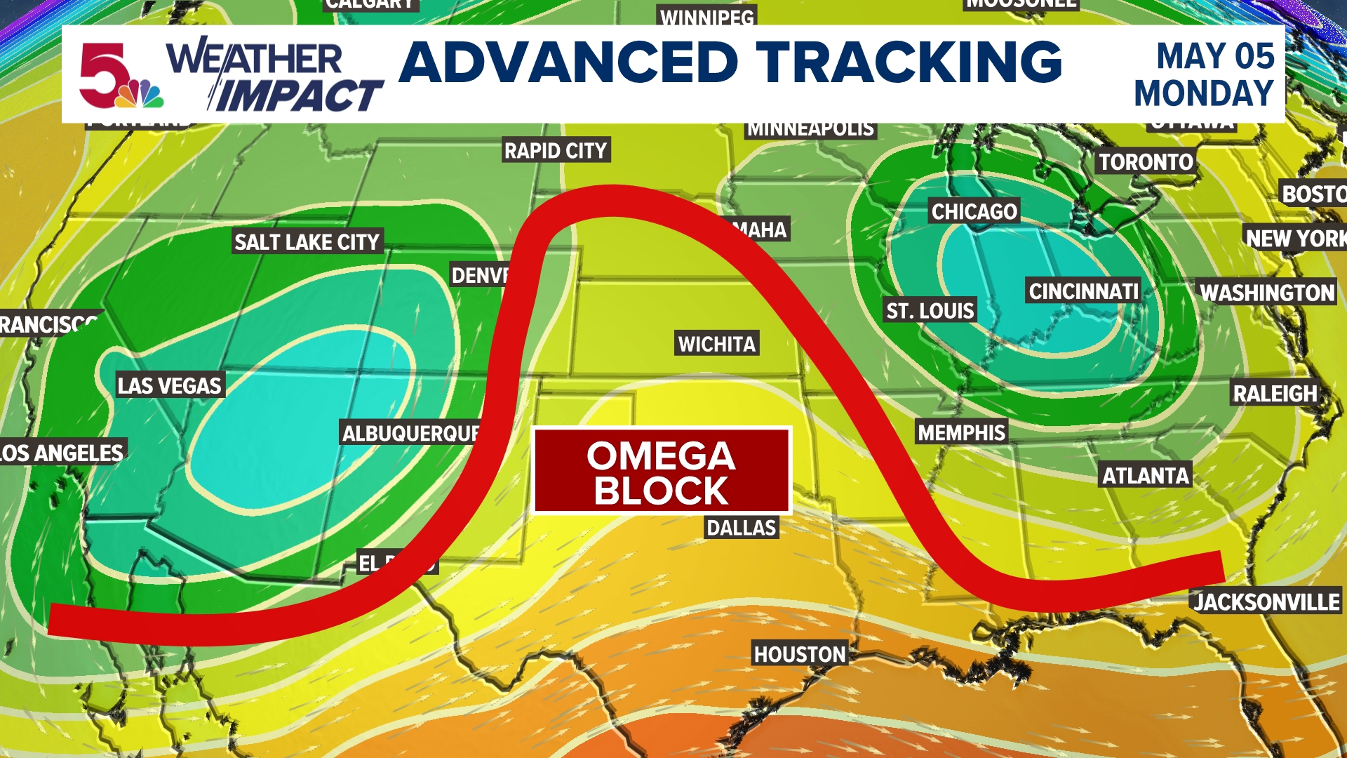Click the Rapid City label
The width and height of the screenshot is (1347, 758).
(x=556, y=150)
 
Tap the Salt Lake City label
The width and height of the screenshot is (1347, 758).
(x=307, y=242)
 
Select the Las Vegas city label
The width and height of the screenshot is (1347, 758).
(x=169, y=385)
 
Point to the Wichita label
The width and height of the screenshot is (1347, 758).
(x=716, y=344)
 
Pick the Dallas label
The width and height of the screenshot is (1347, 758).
(x=741, y=528)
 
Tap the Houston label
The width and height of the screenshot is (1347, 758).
(x=800, y=654)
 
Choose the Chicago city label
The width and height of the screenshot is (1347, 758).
(x=974, y=211)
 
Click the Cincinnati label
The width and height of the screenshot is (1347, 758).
(x=1083, y=291)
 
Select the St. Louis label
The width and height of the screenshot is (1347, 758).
(x=930, y=311)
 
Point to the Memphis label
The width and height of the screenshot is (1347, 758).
(x=961, y=432)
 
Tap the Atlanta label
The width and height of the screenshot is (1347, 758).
(x=1145, y=476)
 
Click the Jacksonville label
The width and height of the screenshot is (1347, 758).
(x=1266, y=602)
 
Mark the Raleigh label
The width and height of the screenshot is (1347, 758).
(x=1275, y=394)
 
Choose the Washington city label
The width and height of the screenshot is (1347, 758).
(x=1266, y=293)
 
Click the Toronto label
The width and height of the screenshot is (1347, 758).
(x=1145, y=162)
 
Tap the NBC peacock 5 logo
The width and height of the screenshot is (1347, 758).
(x=119, y=76)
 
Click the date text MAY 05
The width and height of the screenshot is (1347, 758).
(x=1214, y=56)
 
